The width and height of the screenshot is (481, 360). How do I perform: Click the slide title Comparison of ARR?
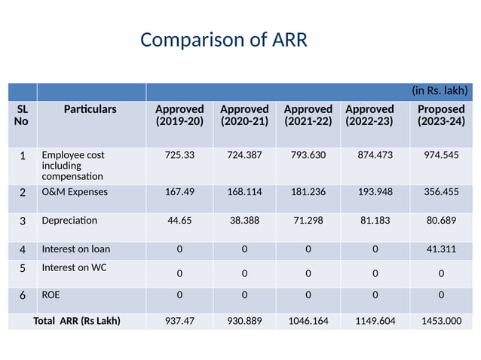click(223, 40)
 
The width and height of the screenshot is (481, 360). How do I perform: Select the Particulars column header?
click(90, 109)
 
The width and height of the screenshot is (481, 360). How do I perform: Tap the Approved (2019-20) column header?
click(179, 115)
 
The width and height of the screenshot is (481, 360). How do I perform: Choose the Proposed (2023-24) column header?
click(440, 115)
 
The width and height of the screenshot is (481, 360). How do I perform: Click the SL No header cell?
click(22, 115)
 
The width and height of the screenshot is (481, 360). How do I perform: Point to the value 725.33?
click(179, 155)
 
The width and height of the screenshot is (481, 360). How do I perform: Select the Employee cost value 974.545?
click(441, 155)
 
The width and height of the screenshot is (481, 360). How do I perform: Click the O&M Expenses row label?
click(75, 191)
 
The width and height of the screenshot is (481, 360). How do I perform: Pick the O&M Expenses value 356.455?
click(441, 191)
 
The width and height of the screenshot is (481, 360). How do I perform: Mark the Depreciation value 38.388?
click(244, 221)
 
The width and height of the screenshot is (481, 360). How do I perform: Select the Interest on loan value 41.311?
click(441, 249)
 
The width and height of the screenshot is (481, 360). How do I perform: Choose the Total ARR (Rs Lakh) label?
click(78, 322)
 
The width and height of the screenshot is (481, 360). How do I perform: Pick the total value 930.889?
click(244, 322)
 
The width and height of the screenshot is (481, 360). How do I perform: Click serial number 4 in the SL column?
click(23, 249)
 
